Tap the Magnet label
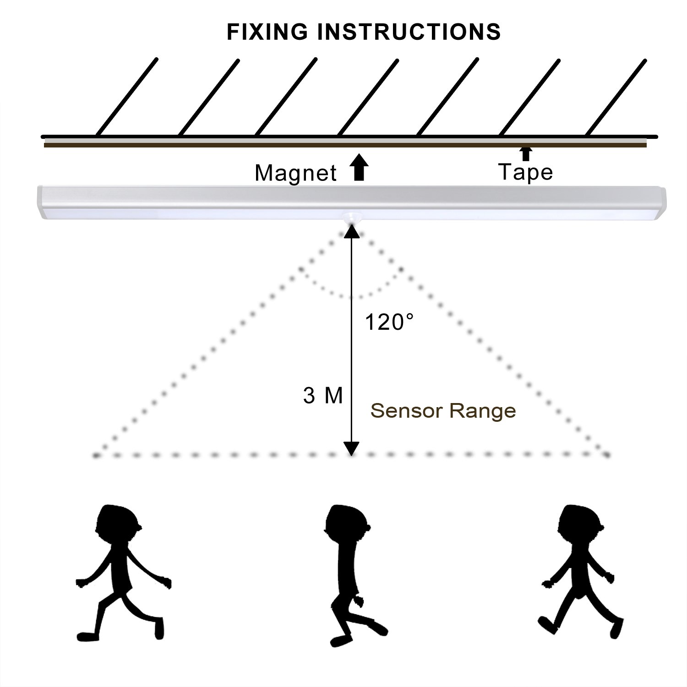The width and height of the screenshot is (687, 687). tap(295, 174)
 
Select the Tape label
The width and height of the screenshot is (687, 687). tap(525, 172)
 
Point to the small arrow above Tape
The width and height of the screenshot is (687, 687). tap(526, 153)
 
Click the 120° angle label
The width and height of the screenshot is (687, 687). tap(389, 322)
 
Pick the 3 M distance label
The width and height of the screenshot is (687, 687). tap(322, 396)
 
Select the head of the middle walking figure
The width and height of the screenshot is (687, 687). tap(346, 524)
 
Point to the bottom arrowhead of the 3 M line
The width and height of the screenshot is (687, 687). tap(351, 449)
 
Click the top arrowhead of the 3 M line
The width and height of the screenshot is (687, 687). tap(351, 231)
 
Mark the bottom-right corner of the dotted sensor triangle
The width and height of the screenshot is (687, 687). tap(606, 455)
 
